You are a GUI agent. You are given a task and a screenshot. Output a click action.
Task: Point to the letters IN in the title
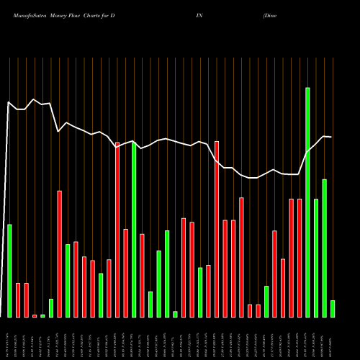tap(199, 14)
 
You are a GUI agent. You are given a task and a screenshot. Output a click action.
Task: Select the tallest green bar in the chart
tap(307, 202)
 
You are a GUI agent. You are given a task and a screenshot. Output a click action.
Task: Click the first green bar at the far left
tap(9, 270)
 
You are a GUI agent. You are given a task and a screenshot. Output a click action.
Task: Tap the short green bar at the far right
tap(333, 308)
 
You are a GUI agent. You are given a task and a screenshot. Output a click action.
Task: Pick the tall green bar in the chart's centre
tap(134, 229)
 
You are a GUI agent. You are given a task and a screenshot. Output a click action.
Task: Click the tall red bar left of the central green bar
tap(117, 229)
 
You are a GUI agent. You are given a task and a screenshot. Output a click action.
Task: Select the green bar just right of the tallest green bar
tap(316, 257)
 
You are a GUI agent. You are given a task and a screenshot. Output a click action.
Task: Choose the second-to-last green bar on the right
tap(324, 248)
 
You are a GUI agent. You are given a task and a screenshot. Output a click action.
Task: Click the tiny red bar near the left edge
tap(35, 315)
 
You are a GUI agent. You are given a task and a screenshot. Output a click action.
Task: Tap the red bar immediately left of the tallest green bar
tap(300, 257)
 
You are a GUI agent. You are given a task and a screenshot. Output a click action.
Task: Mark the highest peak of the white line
tap(34, 99)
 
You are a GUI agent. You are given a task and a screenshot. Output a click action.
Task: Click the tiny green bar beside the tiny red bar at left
tap(42, 315)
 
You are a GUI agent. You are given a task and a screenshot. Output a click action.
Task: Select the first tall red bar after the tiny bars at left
tap(59, 253)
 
